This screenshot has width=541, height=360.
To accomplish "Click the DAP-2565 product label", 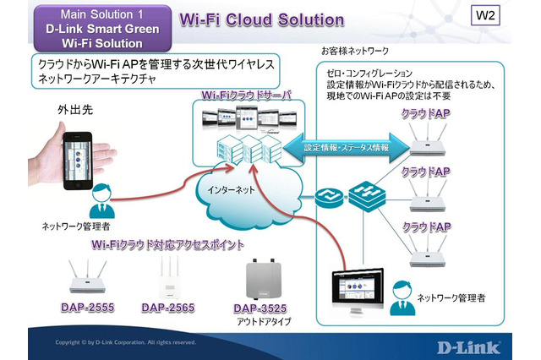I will pos(169,307).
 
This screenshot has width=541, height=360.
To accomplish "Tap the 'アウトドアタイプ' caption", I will pos(260,322).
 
